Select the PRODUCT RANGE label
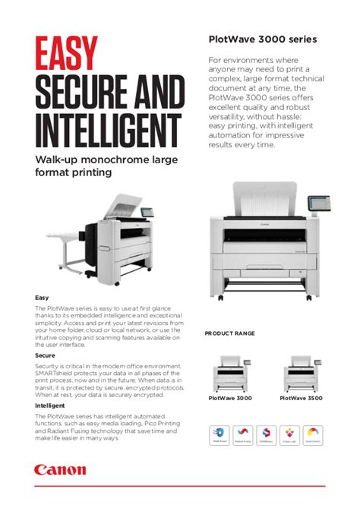point(229,333)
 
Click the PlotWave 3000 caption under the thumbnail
point(231,397)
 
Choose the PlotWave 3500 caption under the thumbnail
point(302,397)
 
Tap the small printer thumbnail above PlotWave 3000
point(232,373)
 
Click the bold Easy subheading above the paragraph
point(43,297)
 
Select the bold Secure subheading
point(45,355)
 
